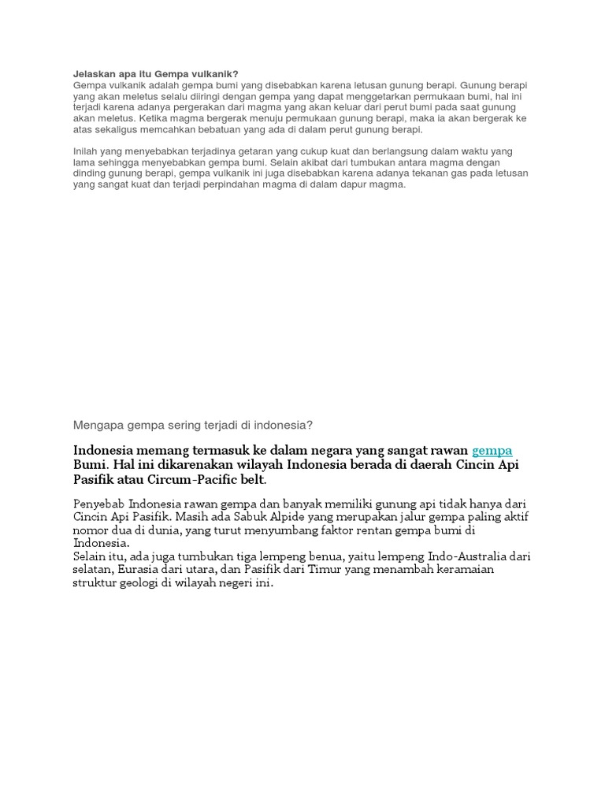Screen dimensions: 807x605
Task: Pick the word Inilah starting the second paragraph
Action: point(87,151)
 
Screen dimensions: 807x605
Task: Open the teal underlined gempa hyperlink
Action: point(492,450)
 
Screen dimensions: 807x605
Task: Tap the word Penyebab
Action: point(98,503)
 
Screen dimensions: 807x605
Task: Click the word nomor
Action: point(91,530)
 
